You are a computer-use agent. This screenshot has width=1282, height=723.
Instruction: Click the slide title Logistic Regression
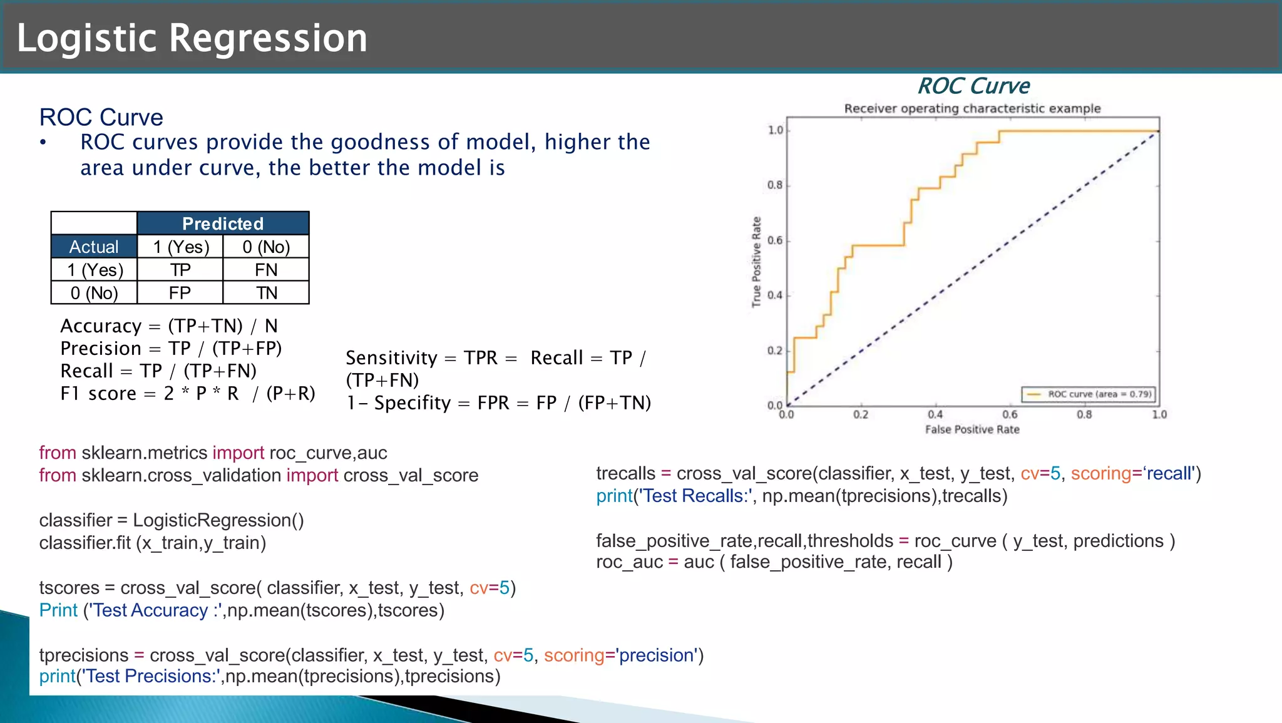click(192, 38)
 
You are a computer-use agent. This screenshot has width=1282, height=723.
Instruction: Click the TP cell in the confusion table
click(180, 270)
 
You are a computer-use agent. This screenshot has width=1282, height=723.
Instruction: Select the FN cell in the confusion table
click(266, 270)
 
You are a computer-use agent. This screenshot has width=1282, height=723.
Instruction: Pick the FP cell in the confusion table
click(180, 293)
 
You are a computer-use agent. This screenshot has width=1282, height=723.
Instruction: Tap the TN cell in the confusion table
click(266, 293)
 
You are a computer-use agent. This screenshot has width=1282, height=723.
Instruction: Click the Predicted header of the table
click(223, 223)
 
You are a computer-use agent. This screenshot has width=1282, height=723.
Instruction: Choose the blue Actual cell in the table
click(94, 247)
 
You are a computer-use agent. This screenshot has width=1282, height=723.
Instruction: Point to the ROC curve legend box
click(1089, 394)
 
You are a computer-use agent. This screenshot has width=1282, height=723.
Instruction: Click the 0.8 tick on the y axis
click(775, 185)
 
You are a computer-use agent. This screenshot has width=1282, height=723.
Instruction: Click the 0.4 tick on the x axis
click(935, 414)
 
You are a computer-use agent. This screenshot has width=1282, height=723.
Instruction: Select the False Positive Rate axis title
click(972, 429)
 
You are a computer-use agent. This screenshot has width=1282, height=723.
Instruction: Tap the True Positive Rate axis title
click(756, 262)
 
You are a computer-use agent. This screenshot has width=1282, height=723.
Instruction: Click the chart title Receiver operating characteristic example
click(972, 108)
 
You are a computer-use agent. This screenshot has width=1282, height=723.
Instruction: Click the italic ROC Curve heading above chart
click(973, 86)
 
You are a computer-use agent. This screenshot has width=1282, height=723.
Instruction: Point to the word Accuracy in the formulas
click(101, 326)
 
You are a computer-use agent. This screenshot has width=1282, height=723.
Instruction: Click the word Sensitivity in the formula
click(391, 358)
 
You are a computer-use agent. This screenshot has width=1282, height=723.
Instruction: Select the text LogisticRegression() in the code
click(218, 520)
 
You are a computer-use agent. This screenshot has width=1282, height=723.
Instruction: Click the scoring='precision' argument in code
click(620, 655)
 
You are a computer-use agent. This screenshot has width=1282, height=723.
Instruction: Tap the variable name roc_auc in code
click(629, 562)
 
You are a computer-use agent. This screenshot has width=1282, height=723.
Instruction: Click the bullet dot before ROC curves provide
click(43, 143)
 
